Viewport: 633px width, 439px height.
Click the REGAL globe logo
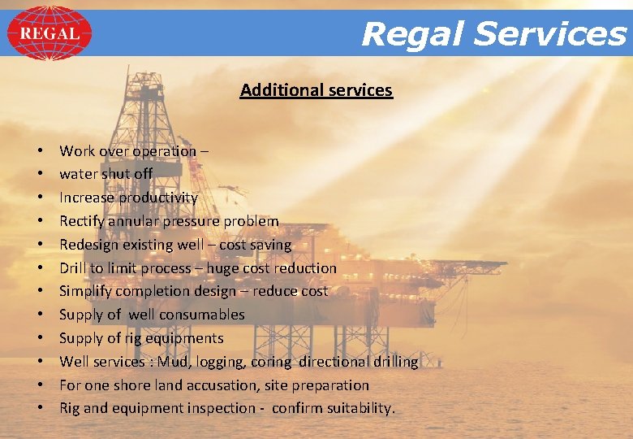pos(50,33)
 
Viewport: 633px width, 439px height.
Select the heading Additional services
pos(316,90)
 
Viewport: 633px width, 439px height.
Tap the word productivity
pos(158,198)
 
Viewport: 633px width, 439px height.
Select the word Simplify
pos(87,291)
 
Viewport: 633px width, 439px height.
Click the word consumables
pos(202,315)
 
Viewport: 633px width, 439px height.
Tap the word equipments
pos(183,338)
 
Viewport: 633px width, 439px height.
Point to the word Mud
pos(173,361)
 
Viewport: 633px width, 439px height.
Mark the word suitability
pos(360,408)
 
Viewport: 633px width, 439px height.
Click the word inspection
pos(221,408)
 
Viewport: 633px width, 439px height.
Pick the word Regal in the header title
pos(414,34)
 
